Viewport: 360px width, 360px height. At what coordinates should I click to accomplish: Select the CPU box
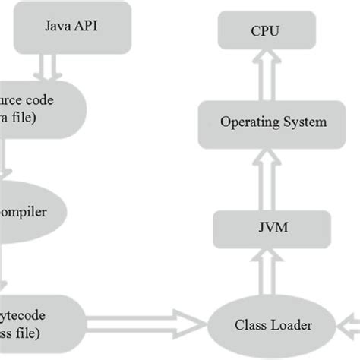[264, 33]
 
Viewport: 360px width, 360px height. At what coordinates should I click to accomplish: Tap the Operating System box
[264, 122]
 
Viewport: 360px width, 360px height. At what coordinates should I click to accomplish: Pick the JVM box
[264, 227]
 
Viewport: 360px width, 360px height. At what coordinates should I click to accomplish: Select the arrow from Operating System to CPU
[264, 76]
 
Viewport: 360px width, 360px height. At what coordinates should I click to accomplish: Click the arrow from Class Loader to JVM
[264, 273]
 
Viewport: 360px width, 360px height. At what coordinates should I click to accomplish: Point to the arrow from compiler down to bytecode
[6, 266]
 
